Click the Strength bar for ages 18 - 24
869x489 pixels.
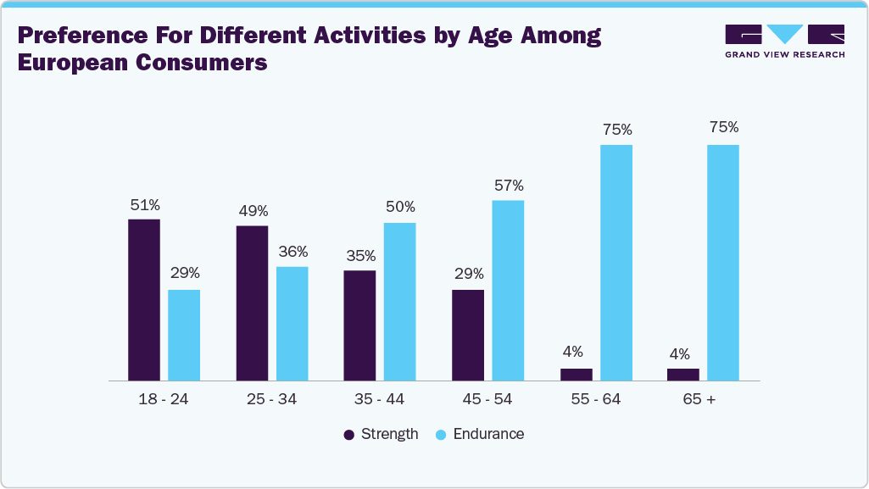(x=144, y=300)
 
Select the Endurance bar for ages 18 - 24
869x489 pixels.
(x=184, y=335)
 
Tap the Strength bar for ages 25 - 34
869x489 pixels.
(x=252, y=303)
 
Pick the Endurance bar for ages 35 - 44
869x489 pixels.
(x=399, y=302)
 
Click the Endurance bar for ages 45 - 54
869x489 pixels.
(x=508, y=291)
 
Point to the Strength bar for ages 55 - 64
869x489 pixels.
(x=577, y=375)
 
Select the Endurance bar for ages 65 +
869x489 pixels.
(x=723, y=263)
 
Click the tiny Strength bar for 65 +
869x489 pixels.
(x=683, y=375)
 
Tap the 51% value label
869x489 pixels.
(x=144, y=204)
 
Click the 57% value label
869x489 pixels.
(x=508, y=186)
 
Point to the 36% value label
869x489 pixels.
(x=292, y=252)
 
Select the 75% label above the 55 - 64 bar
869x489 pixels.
(x=616, y=130)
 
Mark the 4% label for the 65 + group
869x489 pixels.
(x=679, y=354)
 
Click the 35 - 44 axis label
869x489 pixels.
(x=380, y=399)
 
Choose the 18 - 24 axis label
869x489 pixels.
(x=164, y=399)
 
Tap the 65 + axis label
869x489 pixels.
(x=703, y=399)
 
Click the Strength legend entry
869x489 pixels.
(x=381, y=434)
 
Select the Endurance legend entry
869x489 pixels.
(x=480, y=434)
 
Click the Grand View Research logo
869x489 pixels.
(x=784, y=41)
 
